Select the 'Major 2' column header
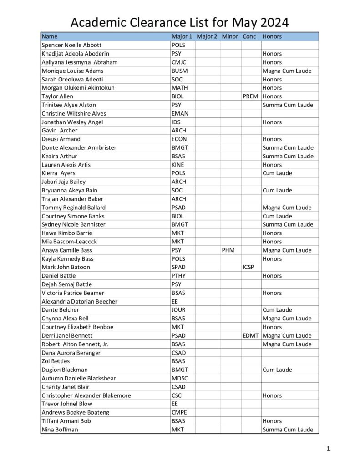point(207,36)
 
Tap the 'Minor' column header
point(230,36)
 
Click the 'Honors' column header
point(272,36)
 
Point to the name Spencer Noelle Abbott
point(71,45)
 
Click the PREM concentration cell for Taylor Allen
point(250,96)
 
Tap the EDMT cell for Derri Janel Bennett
point(250,335)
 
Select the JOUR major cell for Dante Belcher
point(179,310)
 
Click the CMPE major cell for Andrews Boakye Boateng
point(179,412)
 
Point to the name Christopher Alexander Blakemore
point(86,395)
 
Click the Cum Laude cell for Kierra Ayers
point(277,173)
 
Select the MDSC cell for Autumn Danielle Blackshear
point(179,378)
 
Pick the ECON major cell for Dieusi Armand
point(179,139)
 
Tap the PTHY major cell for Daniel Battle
point(178,276)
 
